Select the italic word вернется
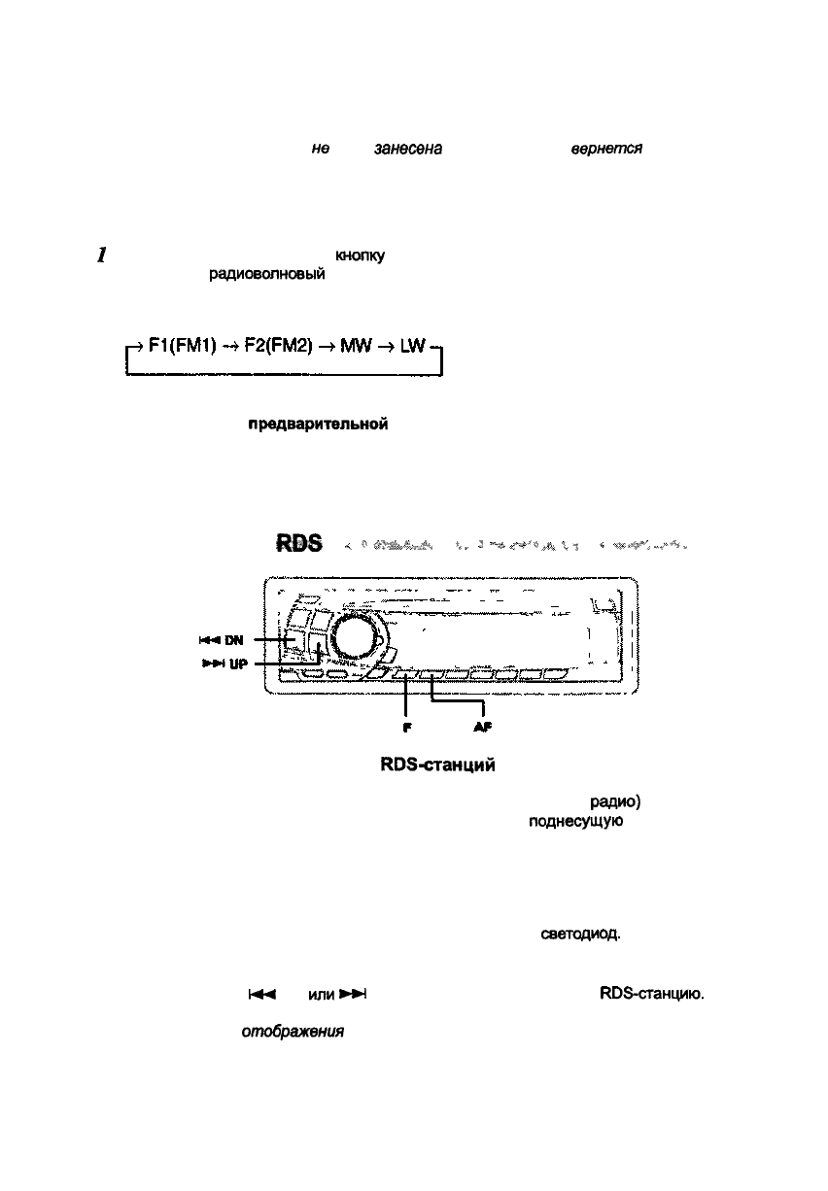coord(605,149)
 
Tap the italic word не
coord(320,149)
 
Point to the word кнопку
coord(360,256)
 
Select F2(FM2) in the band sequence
coord(276,347)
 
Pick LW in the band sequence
coord(412,347)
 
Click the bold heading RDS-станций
coord(439,766)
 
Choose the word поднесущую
coord(569,819)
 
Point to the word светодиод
coord(580,935)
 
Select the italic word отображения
coord(293,1033)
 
